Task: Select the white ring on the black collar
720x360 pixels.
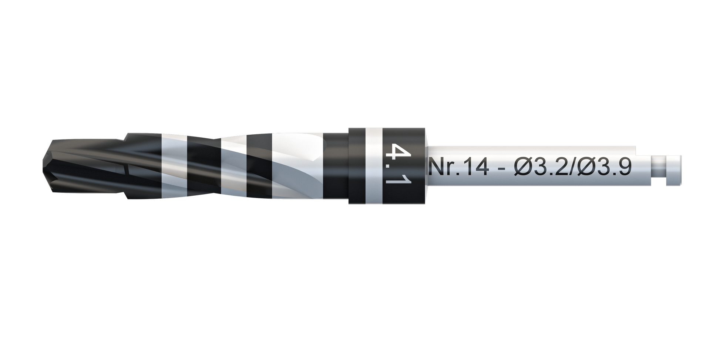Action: [371, 165]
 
